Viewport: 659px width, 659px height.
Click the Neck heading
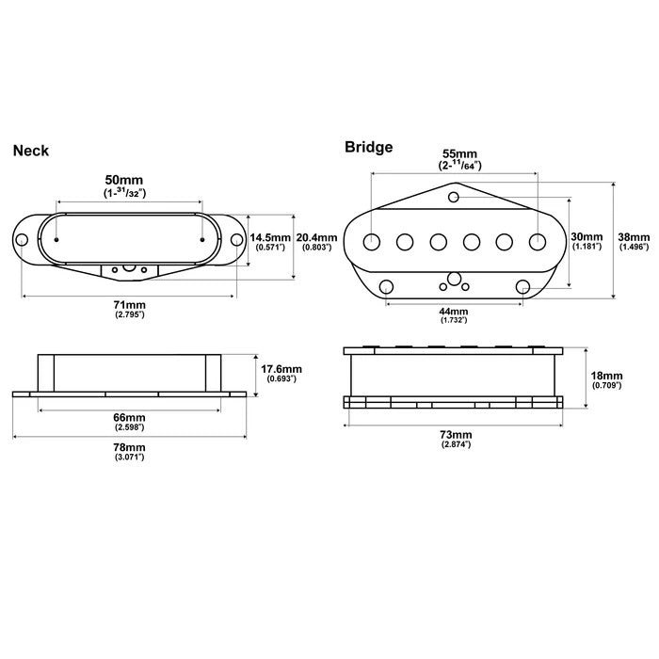point(30,150)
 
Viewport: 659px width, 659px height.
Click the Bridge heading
point(368,146)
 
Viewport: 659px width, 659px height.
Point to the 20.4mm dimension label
point(314,236)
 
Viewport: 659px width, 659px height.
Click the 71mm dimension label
point(128,306)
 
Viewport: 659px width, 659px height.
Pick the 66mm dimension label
point(130,417)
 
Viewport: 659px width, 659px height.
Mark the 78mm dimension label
point(130,447)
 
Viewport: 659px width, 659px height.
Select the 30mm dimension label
point(587,235)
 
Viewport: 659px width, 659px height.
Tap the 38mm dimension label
point(634,236)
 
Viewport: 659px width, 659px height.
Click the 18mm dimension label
point(602,374)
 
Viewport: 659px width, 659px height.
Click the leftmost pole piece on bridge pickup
point(372,241)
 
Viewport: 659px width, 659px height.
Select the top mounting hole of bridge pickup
point(454,198)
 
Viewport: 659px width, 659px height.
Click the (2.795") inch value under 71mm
point(128,315)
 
